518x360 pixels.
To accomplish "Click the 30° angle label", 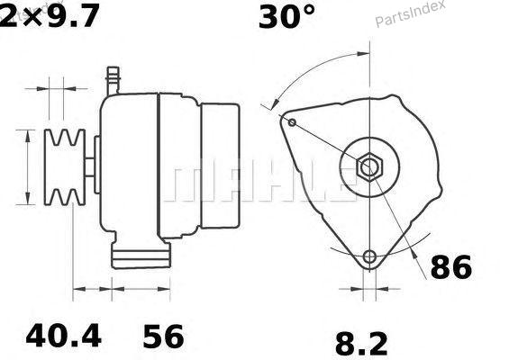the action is point(286,16).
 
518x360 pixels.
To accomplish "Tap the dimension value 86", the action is point(451,266).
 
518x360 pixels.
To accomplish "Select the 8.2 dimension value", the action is point(361,344).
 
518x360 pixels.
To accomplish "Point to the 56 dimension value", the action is point(163,337).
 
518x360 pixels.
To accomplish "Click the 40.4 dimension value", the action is point(63,336).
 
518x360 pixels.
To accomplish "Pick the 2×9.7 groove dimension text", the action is point(50,16).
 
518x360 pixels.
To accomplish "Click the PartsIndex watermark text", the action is point(411,14).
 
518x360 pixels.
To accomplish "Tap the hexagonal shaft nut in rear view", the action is point(369,167).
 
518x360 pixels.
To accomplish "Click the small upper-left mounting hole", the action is point(292,122).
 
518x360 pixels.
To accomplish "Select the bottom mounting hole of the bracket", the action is point(369,256).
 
